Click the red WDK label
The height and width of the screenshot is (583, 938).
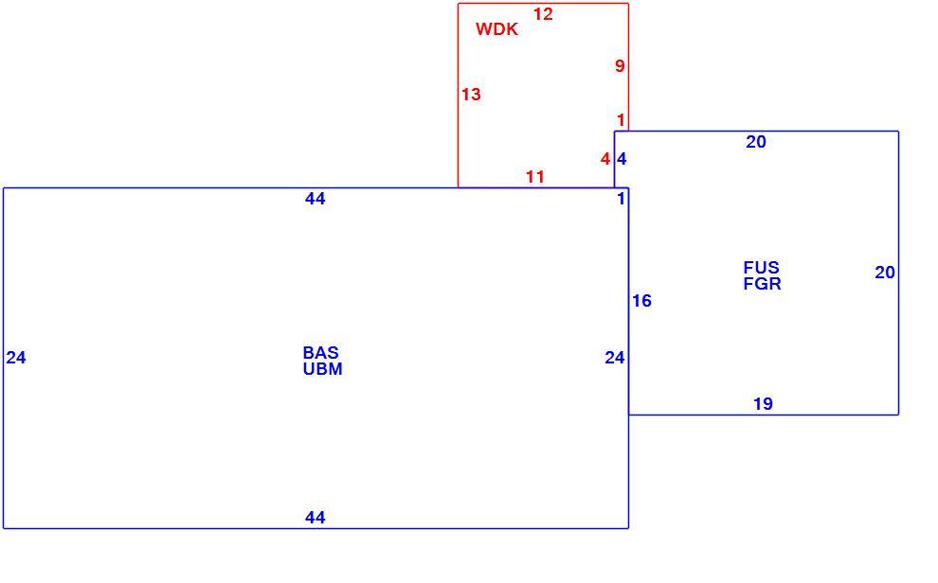[x=496, y=29]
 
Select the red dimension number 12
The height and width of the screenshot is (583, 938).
[x=543, y=14]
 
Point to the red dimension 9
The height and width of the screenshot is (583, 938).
[x=620, y=65]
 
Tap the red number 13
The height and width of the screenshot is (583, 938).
[x=471, y=95]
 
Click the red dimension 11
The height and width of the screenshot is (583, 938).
[x=535, y=177]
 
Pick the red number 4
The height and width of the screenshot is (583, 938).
[x=605, y=159]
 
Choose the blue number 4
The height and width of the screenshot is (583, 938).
[x=622, y=159]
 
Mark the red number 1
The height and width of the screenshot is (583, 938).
[x=621, y=120]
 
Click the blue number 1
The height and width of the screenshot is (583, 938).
[x=621, y=199]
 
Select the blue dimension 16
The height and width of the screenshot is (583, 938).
[x=641, y=301]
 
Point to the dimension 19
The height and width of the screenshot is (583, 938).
[x=764, y=404]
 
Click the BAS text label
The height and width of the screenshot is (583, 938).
[x=320, y=352]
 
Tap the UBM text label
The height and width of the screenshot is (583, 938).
[x=322, y=369]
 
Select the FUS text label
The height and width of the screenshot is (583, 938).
[x=762, y=267]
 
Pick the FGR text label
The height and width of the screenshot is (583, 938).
[x=762, y=284]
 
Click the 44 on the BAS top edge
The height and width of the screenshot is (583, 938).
[x=316, y=199]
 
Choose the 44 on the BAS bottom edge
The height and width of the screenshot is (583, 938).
[x=316, y=518]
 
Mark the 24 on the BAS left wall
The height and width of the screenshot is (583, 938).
[x=16, y=358]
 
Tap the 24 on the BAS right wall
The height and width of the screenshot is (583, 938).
[x=615, y=358]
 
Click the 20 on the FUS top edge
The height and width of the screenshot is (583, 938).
[x=756, y=142]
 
